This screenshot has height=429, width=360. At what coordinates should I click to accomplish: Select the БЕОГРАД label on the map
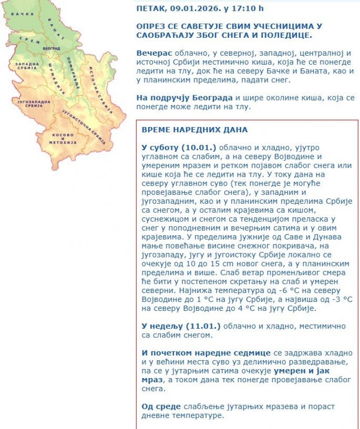coord(51,49)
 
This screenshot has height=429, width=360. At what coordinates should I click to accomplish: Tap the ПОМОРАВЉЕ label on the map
coord(72,68)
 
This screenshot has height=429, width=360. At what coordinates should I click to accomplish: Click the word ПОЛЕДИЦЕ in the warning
coord(286,35)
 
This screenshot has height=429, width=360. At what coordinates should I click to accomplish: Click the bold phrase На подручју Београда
coord(184,98)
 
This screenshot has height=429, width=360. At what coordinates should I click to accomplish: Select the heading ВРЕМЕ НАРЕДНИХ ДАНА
coord(194,129)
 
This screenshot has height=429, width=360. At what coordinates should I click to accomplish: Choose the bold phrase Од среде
coord(161,407)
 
